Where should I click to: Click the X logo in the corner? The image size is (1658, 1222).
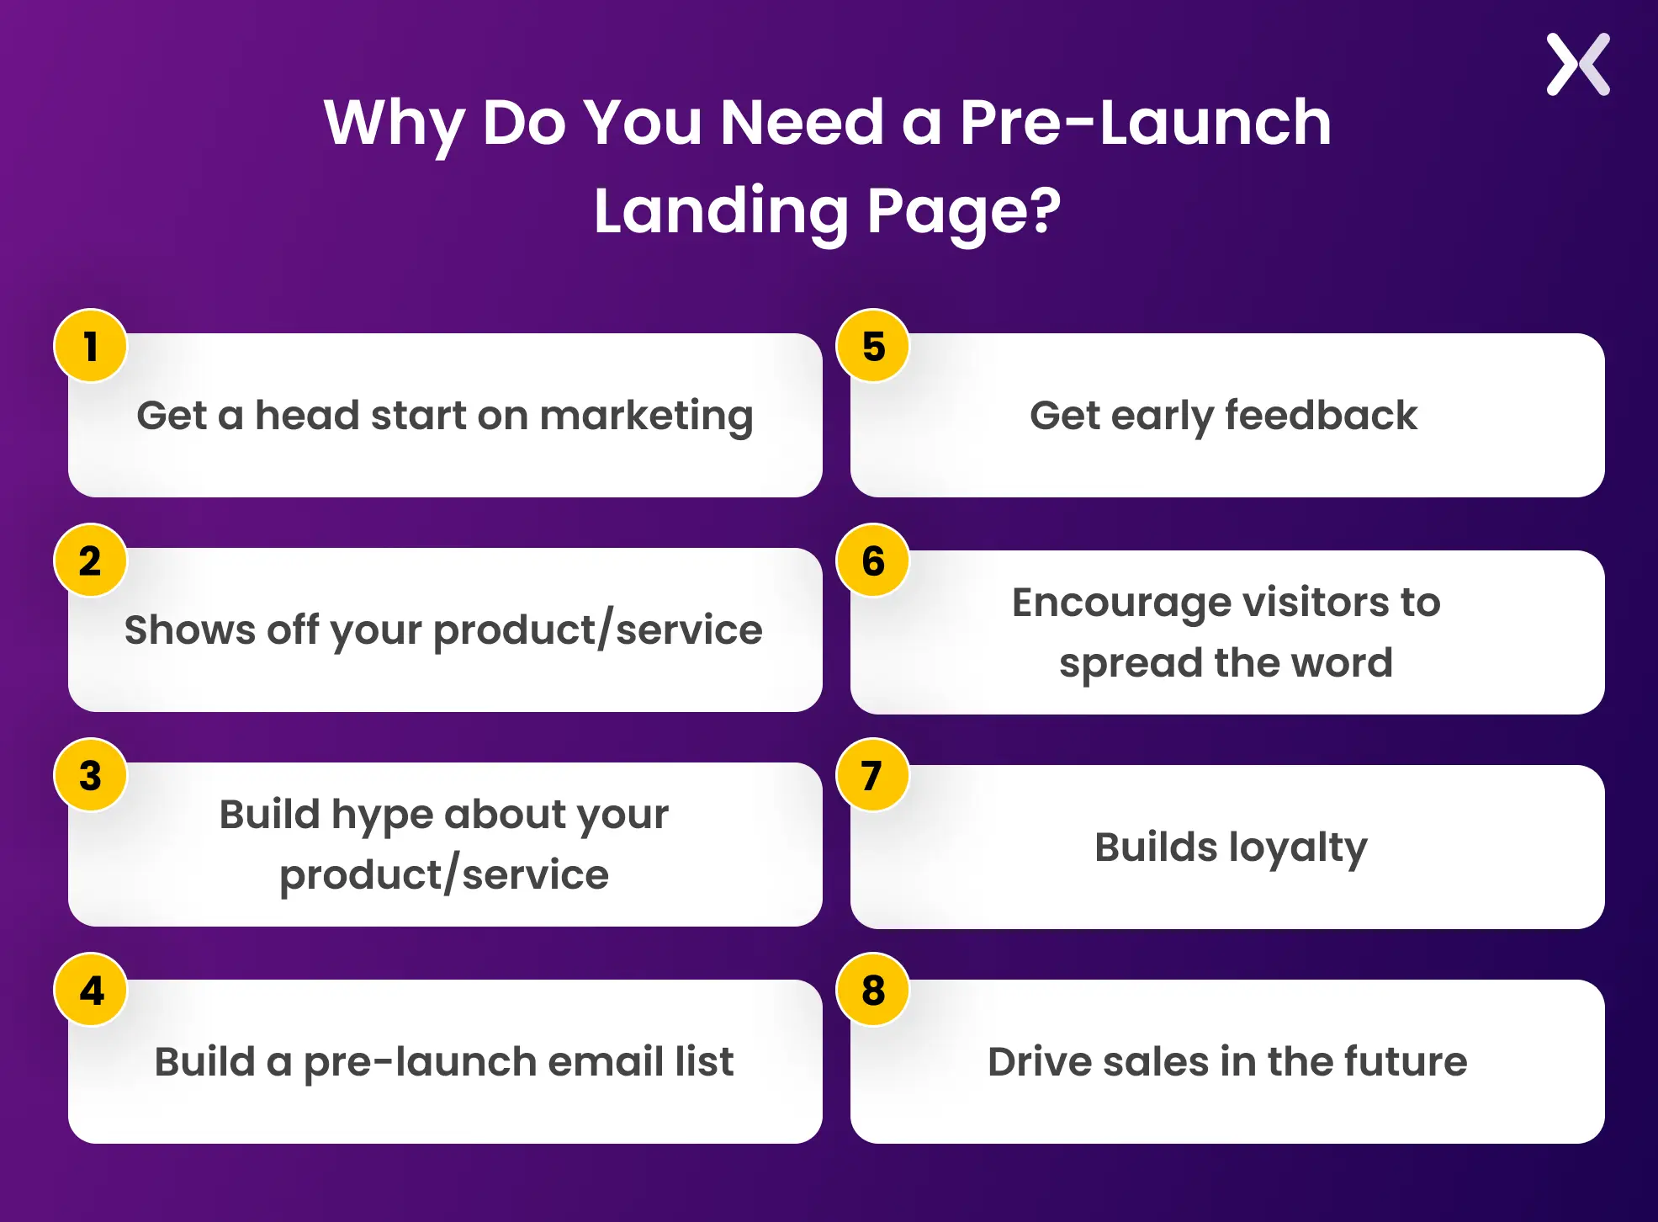tap(1578, 65)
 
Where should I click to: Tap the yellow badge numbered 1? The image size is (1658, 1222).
tap(91, 346)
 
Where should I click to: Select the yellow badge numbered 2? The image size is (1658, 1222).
tap(91, 561)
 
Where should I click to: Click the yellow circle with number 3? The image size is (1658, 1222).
tap(91, 775)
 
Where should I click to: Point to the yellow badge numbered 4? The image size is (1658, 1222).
tap(91, 990)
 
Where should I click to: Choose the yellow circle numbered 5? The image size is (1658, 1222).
tap(873, 346)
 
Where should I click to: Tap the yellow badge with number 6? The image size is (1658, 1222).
tap(873, 561)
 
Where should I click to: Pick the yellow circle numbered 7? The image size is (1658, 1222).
tap(873, 775)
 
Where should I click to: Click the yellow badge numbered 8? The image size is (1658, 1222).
tap(873, 990)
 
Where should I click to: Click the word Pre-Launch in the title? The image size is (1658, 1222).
tap(1146, 123)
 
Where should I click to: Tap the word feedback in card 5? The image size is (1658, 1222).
tap(1321, 415)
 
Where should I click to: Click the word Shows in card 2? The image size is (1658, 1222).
tap(189, 630)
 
